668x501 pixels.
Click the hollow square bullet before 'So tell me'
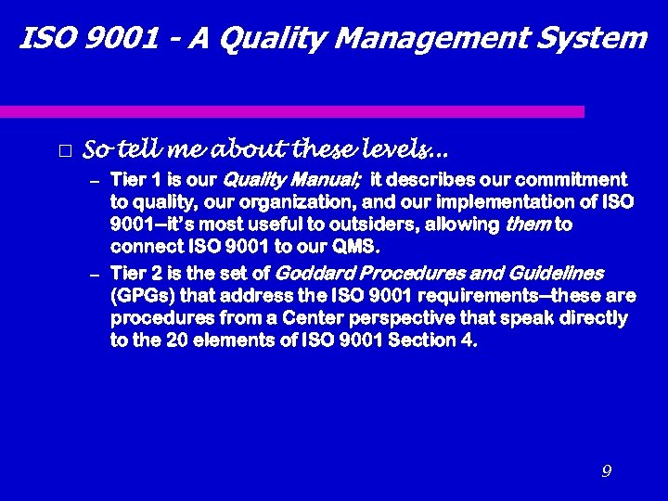click(64, 150)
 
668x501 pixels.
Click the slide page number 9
click(606, 471)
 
